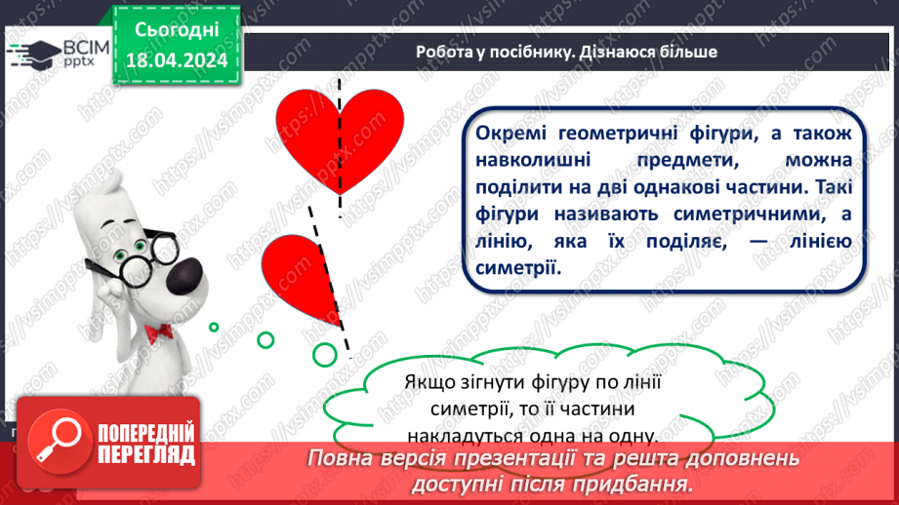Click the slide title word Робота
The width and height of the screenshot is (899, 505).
pyautogui.click(x=445, y=52)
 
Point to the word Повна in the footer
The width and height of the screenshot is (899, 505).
pyautogui.click(x=344, y=457)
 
